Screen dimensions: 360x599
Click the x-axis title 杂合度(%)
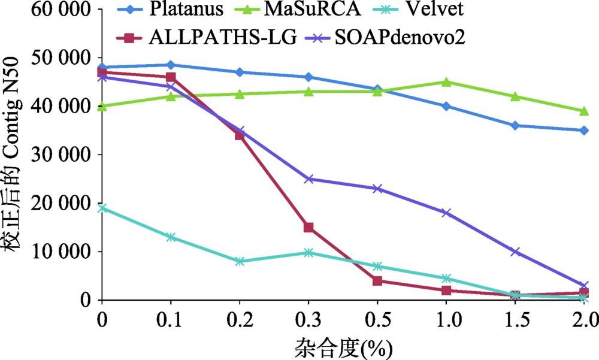point(344,346)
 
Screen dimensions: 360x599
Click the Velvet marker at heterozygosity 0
point(102,208)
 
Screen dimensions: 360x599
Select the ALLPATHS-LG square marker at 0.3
point(308,227)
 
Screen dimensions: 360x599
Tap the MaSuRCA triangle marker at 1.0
point(446,81)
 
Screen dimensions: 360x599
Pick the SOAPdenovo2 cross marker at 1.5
point(515,252)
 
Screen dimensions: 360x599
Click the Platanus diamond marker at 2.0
point(583,130)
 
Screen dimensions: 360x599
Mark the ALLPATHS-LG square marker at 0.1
point(171,77)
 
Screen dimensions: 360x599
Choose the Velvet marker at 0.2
point(240,261)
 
